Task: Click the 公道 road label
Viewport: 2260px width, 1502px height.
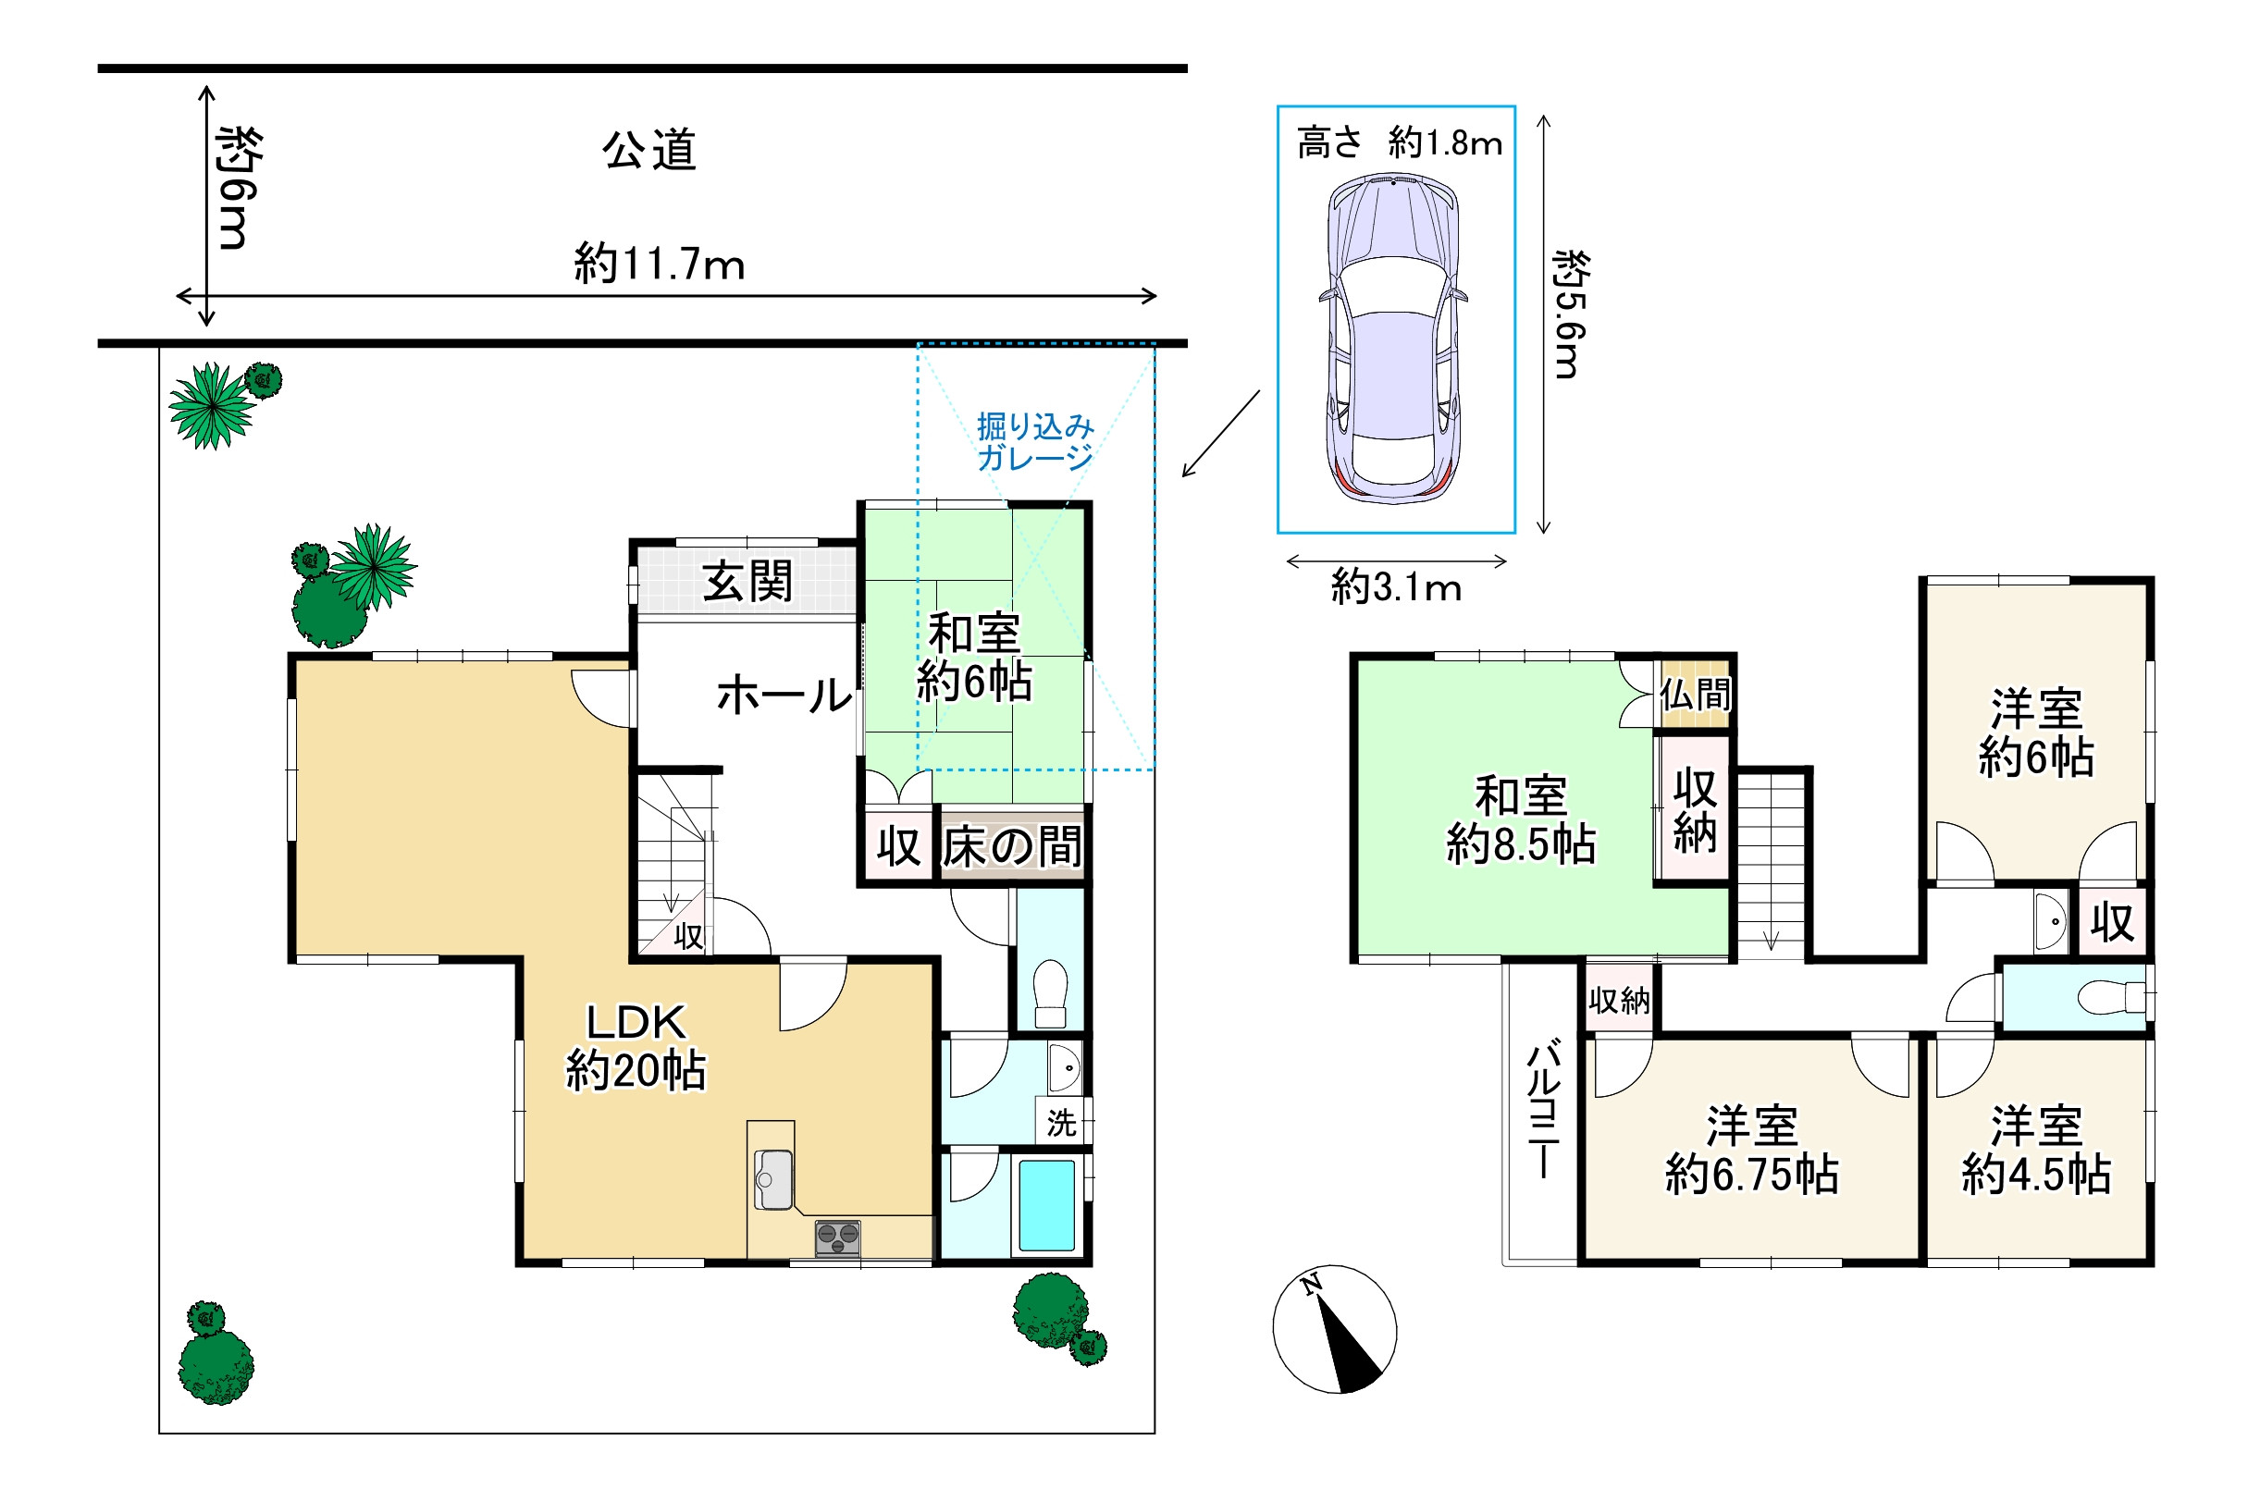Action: tap(648, 151)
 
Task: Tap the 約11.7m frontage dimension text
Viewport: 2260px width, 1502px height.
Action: tap(659, 264)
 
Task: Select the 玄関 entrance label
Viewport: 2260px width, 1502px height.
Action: tap(747, 582)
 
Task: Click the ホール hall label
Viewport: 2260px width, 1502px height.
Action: tap(784, 695)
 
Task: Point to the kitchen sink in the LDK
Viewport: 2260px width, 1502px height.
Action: tap(773, 1179)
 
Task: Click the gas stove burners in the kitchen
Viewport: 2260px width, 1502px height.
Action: tap(837, 1237)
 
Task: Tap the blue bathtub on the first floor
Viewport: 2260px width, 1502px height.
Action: tap(1046, 1205)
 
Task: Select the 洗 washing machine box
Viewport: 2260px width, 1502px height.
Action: tap(1061, 1122)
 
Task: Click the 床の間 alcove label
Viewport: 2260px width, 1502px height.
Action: tap(1012, 847)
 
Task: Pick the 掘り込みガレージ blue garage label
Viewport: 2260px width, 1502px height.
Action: tap(1035, 441)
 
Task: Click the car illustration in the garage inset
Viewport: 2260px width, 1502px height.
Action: tap(1395, 339)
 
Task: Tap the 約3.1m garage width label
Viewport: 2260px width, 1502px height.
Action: tap(1396, 586)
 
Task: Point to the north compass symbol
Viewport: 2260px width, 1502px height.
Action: tap(1335, 1328)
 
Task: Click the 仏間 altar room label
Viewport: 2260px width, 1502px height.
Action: tap(1695, 694)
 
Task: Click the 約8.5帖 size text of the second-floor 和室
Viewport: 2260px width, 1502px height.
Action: tap(1521, 845)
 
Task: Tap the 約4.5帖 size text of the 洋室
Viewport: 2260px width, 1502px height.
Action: tap(2037, 1174)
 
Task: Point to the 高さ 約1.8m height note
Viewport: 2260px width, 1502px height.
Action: tap(1399, 142)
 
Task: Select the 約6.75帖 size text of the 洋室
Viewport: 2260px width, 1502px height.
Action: tap(1752, 1174)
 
